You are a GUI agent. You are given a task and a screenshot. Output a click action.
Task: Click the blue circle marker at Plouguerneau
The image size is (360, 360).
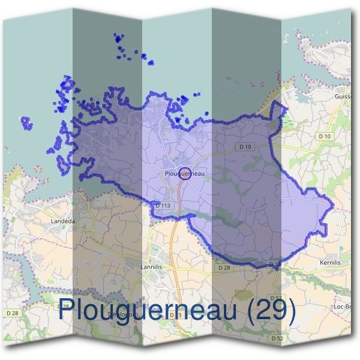pos(185,173)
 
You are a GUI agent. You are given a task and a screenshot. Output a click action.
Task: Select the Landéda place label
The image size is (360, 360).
pos(63,221)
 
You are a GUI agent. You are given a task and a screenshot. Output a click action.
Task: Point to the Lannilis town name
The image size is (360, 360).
pos(151,266)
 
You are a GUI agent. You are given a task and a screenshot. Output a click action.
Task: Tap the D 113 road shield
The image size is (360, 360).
pos(163,205)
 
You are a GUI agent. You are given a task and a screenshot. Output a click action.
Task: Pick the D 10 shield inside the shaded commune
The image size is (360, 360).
pos(244,146)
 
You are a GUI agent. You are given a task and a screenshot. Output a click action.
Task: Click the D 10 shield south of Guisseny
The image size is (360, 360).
pos(325,137)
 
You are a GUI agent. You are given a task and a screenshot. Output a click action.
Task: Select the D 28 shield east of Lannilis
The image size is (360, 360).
pos(224,268)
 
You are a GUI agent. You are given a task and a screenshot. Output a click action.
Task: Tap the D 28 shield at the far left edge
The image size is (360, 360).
pos(11,313)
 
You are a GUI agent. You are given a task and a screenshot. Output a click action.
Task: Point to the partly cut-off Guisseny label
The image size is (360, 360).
pos(343,96)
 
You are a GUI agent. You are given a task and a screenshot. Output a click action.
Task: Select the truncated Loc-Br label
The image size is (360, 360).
pos(343,306)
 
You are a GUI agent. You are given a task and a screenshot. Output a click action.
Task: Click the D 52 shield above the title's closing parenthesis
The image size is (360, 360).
pos(275,298)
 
